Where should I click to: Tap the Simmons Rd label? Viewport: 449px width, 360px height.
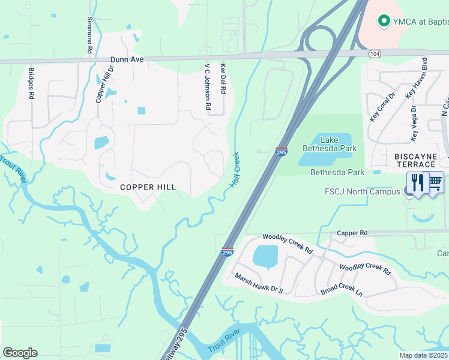point(89,35)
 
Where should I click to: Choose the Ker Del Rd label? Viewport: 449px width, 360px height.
point(223,79)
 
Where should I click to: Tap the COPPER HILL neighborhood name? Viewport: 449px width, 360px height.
point(148,187)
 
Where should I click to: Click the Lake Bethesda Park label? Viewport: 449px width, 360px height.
point(330,144)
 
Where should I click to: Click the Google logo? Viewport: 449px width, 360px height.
point(20,352)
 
